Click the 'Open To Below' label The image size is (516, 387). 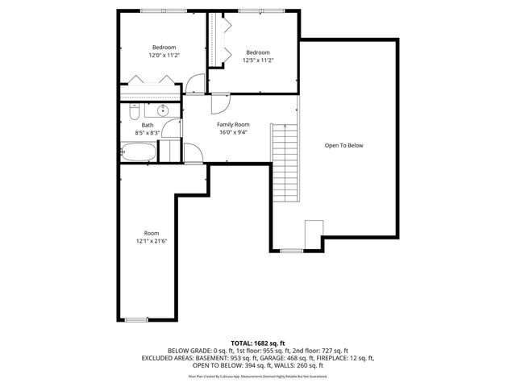[x=344, y=146]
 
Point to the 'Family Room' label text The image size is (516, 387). [x=233, y=125]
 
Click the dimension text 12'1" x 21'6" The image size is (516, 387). [x=152, y=240]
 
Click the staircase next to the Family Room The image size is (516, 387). [x=284, y=164]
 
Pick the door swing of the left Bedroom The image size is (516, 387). [x=193, y=85]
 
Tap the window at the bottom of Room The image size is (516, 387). [x=136, y=320]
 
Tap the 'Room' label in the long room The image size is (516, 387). [x=152, y=232]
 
